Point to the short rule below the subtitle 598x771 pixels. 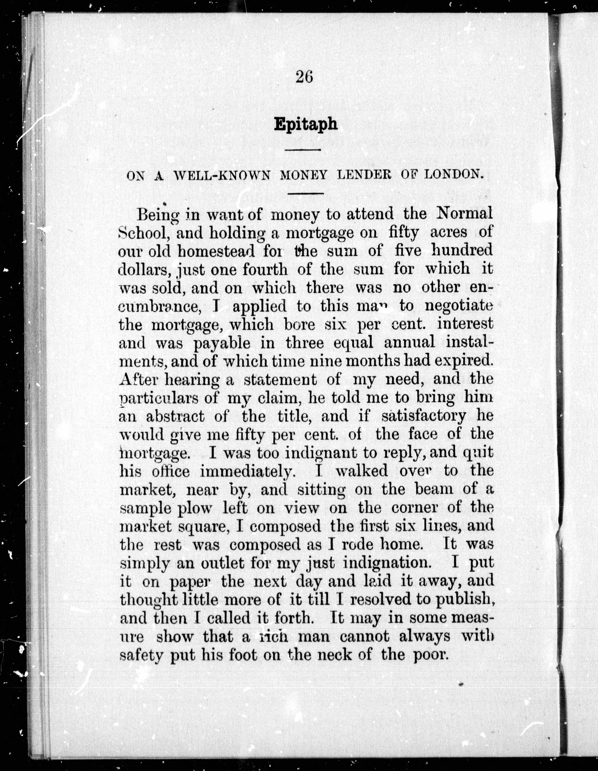tap(305, 193)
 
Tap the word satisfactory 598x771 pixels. tap(424, 417)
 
